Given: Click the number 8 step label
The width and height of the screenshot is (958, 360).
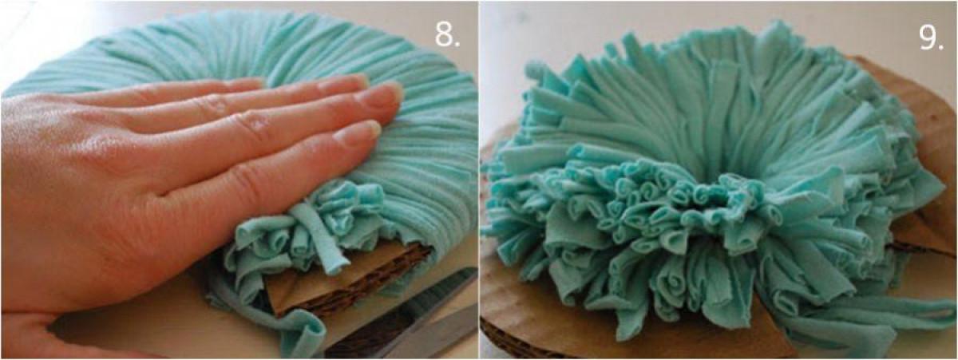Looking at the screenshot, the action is pos(447,34).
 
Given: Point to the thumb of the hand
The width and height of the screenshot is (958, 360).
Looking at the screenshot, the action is pos(26,334).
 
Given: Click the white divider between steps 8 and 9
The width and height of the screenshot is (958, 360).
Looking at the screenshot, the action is pos(479,180).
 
